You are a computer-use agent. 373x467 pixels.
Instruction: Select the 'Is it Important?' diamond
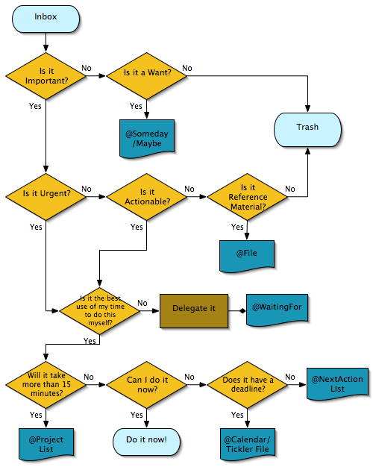(46, 75)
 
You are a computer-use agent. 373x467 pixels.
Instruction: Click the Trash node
(307, 127)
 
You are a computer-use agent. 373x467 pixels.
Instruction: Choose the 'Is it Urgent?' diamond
(46, 194)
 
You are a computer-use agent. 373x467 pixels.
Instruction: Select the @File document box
(247, 254)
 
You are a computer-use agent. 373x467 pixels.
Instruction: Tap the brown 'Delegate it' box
(194, 307)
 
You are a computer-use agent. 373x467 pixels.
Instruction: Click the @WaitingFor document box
(277, 307)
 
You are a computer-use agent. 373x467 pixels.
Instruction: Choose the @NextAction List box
(336, 383)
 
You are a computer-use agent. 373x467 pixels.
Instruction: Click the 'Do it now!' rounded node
(146, 440)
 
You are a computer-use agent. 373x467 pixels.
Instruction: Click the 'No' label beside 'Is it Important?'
(87, 69)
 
